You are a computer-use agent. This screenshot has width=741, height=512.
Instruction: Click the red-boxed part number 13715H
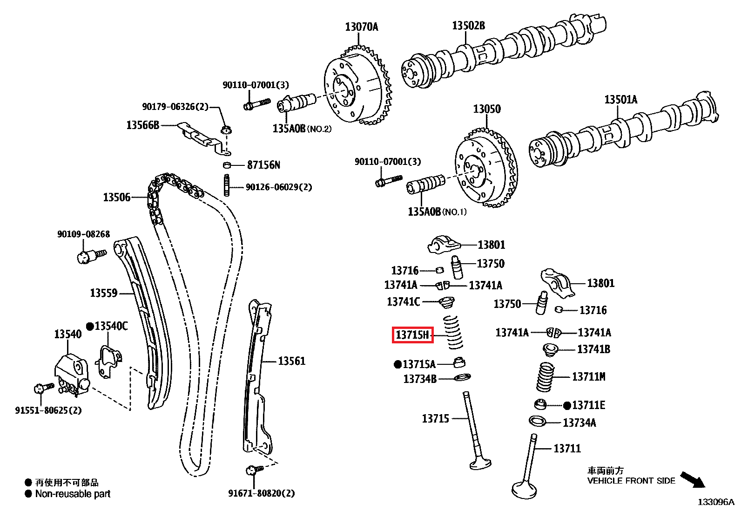412,335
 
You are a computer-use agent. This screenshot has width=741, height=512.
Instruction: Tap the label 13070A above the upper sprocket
361,27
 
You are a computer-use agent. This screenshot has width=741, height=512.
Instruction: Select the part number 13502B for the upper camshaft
468,26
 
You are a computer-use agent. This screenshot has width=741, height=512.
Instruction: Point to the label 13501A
620,99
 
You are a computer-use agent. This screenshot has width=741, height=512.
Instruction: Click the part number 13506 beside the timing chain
116,198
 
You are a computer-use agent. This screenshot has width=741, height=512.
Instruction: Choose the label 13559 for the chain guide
103,293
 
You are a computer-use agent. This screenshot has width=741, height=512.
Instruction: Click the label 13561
291,361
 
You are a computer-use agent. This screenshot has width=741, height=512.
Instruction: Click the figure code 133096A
715,502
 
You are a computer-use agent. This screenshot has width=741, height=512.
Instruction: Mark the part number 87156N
263,165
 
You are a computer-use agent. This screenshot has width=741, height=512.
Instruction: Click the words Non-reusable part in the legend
73,494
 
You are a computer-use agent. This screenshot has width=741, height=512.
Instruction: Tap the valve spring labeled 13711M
545,376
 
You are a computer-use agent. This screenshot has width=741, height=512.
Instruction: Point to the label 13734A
579,423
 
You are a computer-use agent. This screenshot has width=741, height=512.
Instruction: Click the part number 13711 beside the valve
567,449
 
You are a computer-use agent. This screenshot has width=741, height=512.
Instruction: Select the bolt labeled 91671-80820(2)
254,470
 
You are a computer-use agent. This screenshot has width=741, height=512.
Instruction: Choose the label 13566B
142,125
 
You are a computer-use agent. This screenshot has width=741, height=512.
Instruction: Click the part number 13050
487,109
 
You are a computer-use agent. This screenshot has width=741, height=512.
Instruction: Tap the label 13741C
403,302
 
